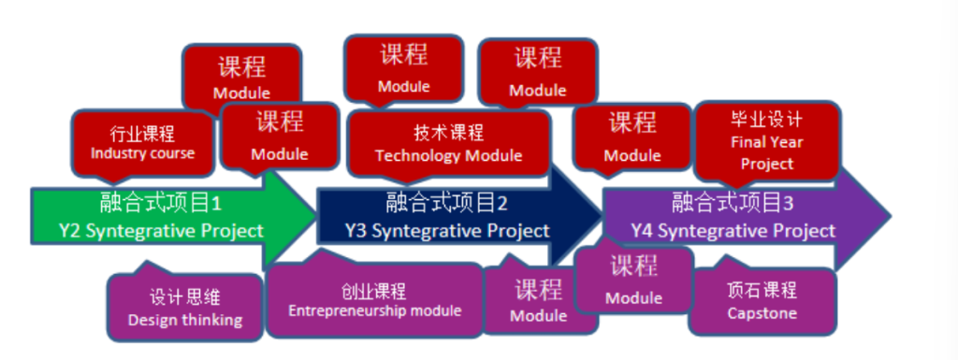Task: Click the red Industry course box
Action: (x=142, y=144)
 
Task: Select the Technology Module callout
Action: (x=448, y=145)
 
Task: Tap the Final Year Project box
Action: (x=767, y=142)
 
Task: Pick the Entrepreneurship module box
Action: (x=374, y=300)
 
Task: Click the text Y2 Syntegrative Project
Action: (x=161, y=231)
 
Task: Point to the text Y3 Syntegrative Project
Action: (x=447, y=231)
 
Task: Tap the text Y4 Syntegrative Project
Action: (x=733, y=231)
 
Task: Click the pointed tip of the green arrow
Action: (x=315, y=214)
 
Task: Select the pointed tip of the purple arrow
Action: (x=891, y=215)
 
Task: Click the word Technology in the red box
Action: (x=411, y=155)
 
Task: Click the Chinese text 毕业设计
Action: (x=767, y=119)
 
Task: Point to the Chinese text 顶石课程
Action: (x=762, y=290)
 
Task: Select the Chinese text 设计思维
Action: (x=185, y=297)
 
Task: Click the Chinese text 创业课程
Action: (x=374, y=292)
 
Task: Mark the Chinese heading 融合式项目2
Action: (x=446, y=202)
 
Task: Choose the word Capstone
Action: (x=762, y=313)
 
